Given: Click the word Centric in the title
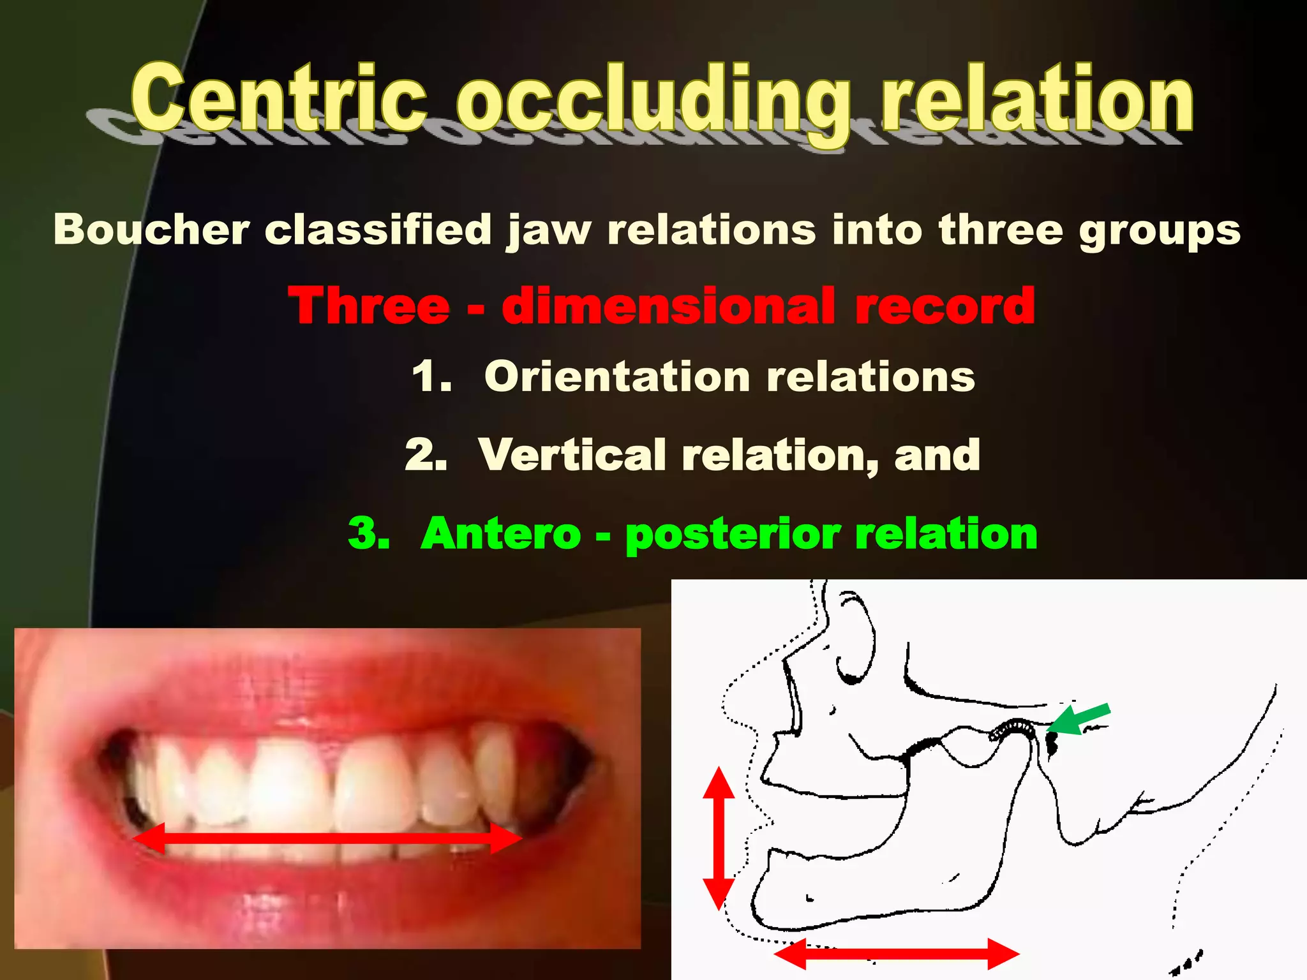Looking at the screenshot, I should coord(278,99).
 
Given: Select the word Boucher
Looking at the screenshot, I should coord(151,229).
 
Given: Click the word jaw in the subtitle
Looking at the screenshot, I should coord(549,231).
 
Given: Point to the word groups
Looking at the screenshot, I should coord(1159,231).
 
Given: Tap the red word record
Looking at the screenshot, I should coord(945,306).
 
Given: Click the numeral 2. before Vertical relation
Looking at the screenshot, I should coord(426,455).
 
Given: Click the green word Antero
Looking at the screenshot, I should coord(500,533).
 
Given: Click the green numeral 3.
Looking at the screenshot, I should coord(369,533).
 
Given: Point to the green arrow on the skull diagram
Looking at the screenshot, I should coord(1080,720).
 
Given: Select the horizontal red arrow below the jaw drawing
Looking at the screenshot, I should coord(896,954).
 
